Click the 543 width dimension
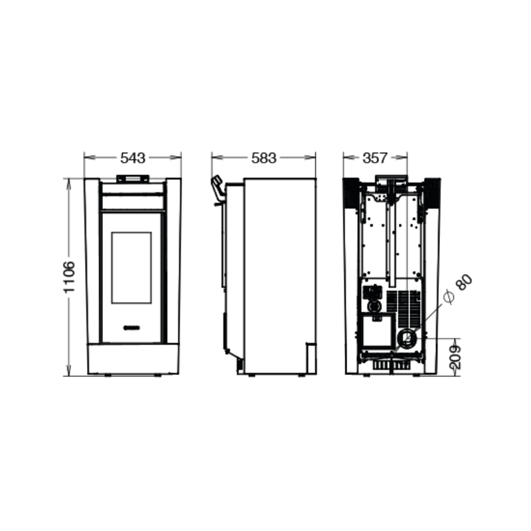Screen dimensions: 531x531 [133, 158]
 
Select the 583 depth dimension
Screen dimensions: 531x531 [264, 158]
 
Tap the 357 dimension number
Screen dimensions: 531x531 [375, 158]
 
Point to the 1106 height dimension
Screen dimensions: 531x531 [69, 277]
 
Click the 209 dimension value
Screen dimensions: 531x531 [456, 357]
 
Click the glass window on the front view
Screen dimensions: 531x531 [131, 267]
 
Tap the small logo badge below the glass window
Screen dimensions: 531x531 [131, 327]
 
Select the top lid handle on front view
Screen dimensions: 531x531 [133, 179]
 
